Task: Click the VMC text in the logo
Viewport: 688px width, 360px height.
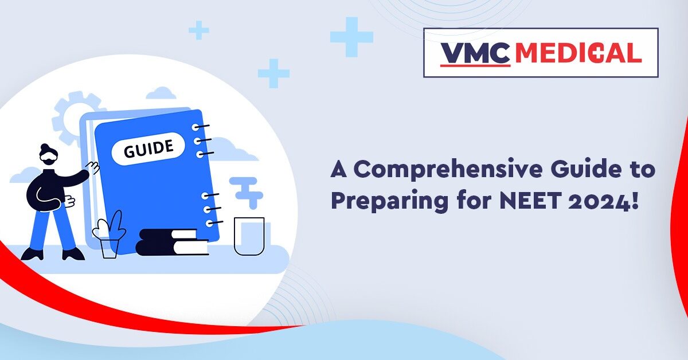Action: [475, 53]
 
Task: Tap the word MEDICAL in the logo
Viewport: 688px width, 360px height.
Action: [578, 53]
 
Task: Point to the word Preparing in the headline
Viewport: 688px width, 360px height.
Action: [389, 202]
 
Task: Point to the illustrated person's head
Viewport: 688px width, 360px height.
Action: [48, 155]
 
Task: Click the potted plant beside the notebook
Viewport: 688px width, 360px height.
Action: [110, 235]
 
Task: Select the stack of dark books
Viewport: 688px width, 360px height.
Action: [172, 242]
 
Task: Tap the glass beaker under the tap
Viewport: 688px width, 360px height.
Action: [249, 236]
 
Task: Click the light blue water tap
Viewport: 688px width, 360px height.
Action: [247, 192]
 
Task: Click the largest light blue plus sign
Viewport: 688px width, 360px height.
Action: [351, 37]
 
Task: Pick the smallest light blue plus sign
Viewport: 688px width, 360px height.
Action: [199, 30]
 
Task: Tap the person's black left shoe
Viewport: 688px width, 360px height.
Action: [32, 254]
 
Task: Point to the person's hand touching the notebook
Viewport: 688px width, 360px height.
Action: [93, 167]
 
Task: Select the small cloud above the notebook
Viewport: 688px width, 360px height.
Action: [161, 93]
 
